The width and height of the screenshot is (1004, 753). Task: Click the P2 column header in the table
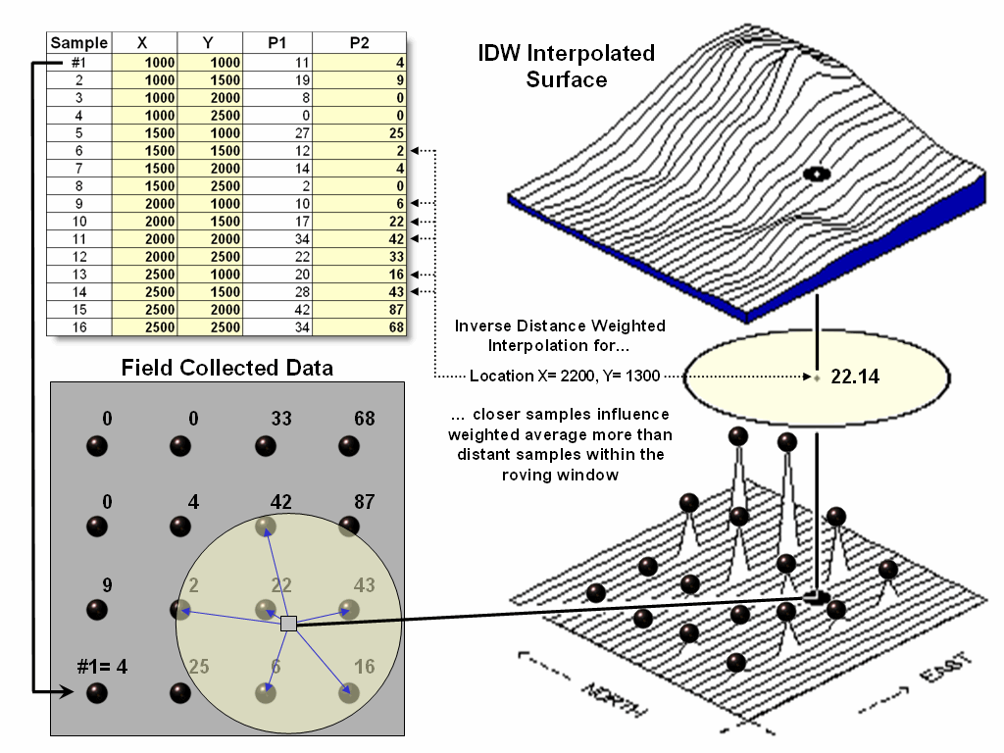click(x=358, y=43)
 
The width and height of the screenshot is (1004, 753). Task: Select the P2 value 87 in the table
click(x=395, y=310)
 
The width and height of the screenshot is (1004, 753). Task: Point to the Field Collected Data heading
click(x=226, y=368)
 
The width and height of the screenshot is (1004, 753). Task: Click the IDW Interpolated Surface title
click(x=567, y=65)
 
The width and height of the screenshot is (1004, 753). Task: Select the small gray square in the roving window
click(x=288, y=624)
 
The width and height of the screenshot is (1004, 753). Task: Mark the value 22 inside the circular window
click(x=281, y=584)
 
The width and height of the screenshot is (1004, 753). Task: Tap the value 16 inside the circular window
click(x=364, y=667)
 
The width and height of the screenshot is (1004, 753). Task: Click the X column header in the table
click(x=142, y=43)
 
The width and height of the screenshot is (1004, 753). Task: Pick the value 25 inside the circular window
click(x=199, y=667)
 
